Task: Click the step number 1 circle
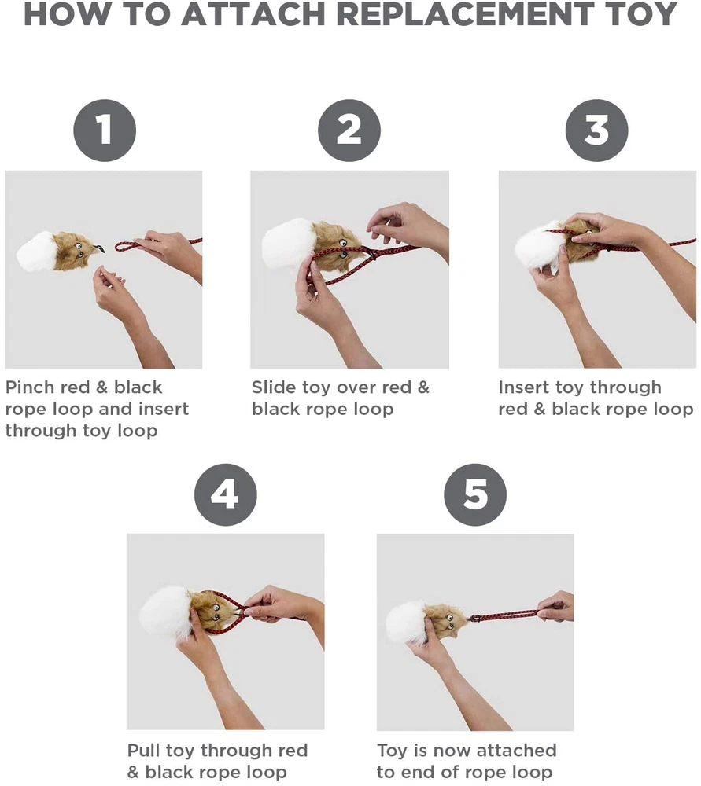[105, 130]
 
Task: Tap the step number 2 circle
[349, 130]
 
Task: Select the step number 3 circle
[596, 130]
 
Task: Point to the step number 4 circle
[225, 494]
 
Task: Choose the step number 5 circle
[475, 494]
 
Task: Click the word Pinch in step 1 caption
[28, 387]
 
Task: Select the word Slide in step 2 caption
[274, 387]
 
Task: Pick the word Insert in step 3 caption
[523, 387]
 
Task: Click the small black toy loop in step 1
[98, 248]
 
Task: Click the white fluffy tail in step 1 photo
[35, 251]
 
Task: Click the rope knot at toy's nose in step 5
[473, 618]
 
